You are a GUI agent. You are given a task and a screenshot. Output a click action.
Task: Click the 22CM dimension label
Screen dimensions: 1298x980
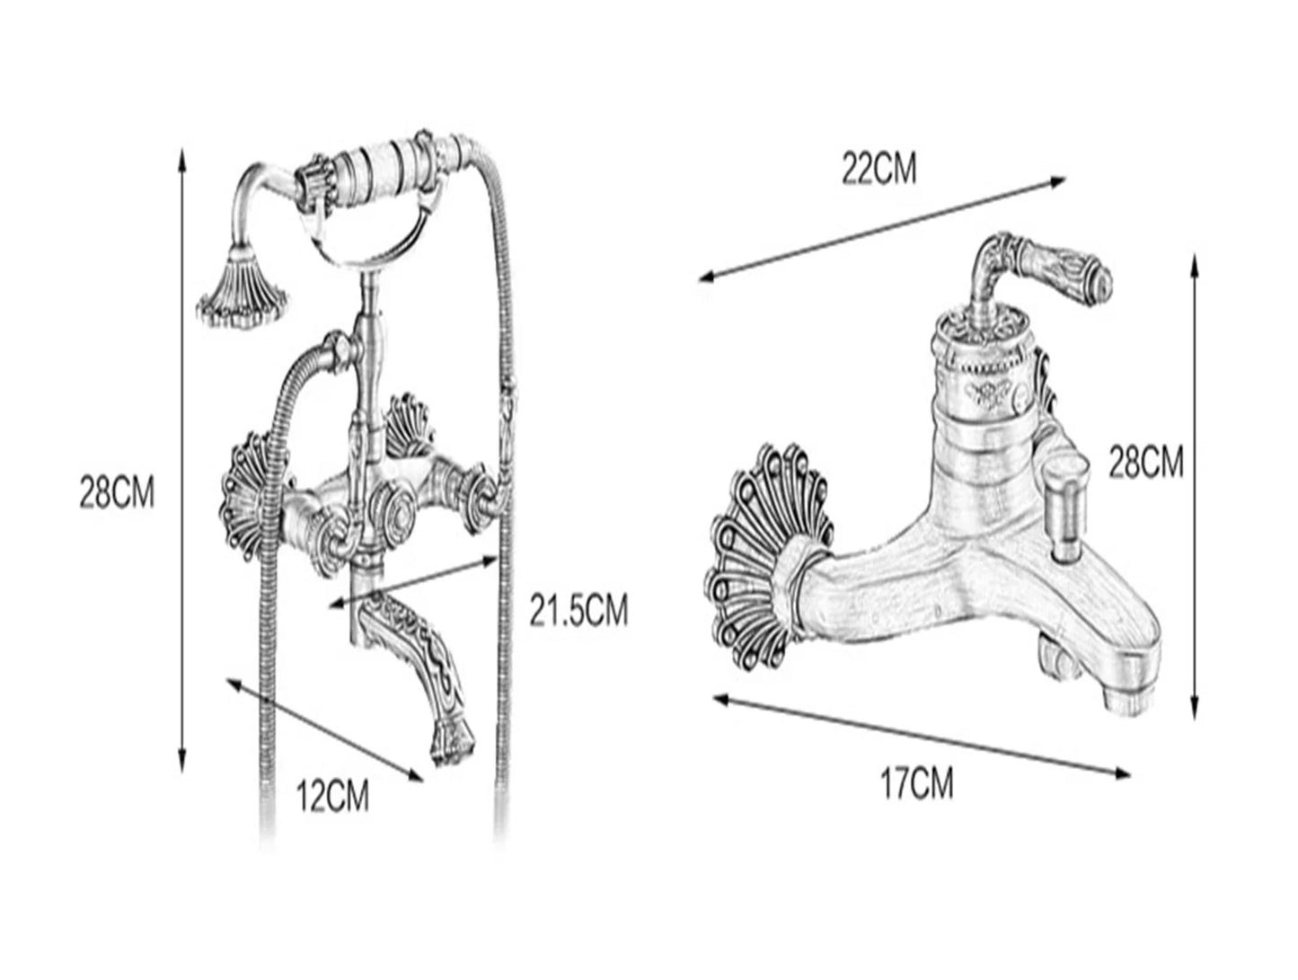[x=879, y=169]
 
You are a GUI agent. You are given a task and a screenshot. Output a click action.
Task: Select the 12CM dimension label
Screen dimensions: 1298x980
[x=332, y=795]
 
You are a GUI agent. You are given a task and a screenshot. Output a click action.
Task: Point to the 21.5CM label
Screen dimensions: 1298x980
[x=578, y=610]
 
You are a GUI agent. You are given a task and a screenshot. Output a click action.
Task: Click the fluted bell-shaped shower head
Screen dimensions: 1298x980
[x=243, y=289]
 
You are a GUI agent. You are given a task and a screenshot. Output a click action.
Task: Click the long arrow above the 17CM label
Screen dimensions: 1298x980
[x=922, y=737]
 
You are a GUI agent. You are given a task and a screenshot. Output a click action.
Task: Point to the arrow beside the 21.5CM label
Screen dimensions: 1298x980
[x=413, y=581]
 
